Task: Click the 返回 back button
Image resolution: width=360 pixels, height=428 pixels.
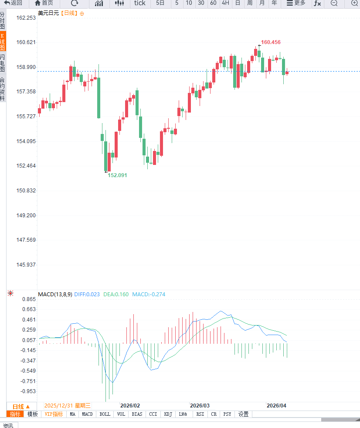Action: click(13, 3)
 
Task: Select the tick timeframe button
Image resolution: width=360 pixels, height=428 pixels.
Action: click(139, 3)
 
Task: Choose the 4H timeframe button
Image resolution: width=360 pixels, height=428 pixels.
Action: click(225, 3)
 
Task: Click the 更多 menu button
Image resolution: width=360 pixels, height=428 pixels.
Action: click(296, 3)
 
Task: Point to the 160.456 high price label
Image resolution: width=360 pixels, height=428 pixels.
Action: click(271, 42)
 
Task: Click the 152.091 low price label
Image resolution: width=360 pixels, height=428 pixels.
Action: click(118, 175)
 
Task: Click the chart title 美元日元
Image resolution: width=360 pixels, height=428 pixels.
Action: click(48, 13)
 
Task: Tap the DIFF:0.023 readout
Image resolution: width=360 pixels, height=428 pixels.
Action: click(87, 294)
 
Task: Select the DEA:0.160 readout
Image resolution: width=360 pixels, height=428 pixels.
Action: click(116, 294)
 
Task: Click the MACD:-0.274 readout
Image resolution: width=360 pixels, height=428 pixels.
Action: click(149, 294)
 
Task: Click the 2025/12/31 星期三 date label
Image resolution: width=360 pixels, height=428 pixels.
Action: click(68, 405)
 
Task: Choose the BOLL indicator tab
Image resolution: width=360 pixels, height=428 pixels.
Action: click(105, 414)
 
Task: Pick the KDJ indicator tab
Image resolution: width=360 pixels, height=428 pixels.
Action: click(168, 414)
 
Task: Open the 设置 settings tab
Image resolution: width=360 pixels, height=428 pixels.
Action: click(243, 414)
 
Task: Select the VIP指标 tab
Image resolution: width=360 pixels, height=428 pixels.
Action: click(54, 414)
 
